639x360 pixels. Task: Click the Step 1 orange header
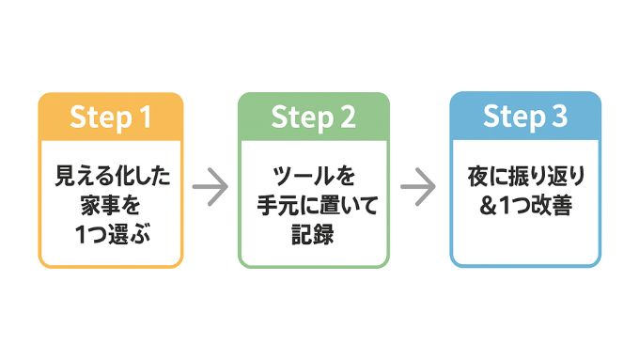click(x=111, y=117)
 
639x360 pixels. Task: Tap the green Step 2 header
click(x=313, y=117)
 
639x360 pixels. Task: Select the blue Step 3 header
click(x=525, y=116)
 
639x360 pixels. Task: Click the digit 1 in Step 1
click(x=144, y=117)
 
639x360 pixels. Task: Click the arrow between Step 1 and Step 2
click(x=210, y=187)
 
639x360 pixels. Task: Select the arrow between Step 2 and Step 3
click(x=418, y=187)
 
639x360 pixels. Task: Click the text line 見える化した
click(x=111, y=175)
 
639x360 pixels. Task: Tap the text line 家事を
click(x=111, y=205)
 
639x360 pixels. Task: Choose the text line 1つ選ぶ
click(x=111, y=235)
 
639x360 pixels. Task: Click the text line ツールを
click(x=313, y=175)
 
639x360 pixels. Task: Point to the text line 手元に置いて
click(x=313, y=205)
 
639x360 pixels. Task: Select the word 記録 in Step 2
click(x=313, y=235)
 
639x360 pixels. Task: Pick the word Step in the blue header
click(x=512, y=116)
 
